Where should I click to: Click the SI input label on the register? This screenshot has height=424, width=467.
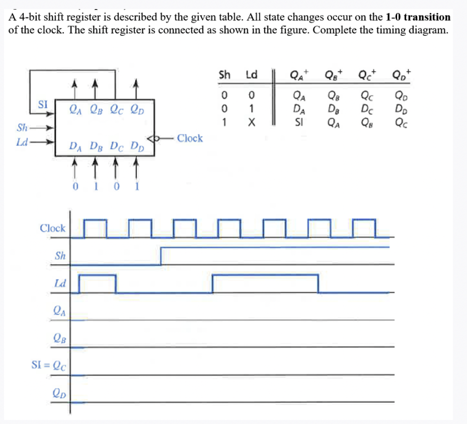[43, 104]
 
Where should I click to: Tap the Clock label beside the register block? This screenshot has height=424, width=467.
[190, 138]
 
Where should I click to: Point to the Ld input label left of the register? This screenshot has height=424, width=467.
[22, 142]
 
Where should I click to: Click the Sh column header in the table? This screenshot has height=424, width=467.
[224, 76]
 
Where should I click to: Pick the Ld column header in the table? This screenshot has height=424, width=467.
[251, 76]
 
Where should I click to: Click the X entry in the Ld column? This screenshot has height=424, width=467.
[252, 122]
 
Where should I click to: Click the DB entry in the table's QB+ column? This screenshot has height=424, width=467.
[333, 109]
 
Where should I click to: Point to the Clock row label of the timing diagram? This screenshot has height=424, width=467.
[52, 228]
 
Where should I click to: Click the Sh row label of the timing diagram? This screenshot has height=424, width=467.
[60, 255]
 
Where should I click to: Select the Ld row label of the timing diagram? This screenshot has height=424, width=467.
[60, 284]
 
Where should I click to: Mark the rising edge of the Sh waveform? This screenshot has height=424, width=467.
[161, 256]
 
